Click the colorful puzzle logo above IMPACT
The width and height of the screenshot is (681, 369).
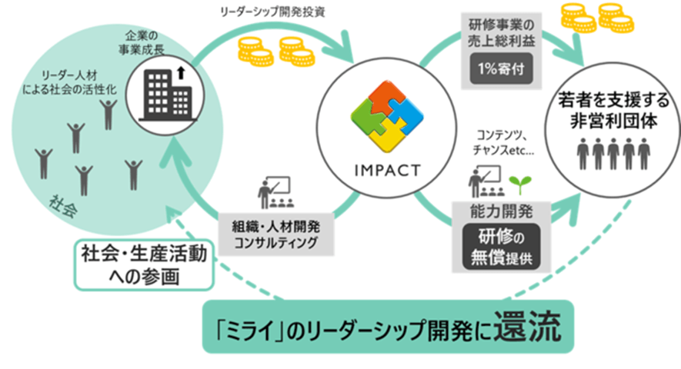387,116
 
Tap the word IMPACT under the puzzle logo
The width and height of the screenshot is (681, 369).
387,171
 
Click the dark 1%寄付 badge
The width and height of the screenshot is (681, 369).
501,68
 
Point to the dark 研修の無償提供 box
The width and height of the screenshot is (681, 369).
501,247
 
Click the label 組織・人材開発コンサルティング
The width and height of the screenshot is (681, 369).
276,234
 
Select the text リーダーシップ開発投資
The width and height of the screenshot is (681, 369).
272,12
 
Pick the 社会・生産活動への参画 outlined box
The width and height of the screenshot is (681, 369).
144,264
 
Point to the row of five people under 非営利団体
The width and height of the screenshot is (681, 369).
613,154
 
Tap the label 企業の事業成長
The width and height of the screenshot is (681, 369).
142,42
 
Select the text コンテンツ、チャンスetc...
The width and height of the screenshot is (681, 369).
503,143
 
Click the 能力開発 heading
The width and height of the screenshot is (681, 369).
501,211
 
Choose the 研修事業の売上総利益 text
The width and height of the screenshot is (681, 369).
501,32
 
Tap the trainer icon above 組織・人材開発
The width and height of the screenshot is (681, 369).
275,191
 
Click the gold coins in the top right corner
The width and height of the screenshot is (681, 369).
597,18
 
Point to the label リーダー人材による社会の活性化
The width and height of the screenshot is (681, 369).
69,82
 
